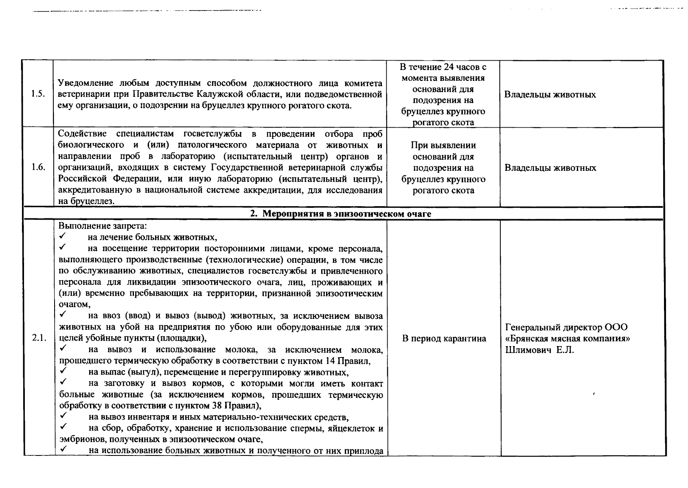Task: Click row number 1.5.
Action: (38, 95)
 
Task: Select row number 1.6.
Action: (38, 168)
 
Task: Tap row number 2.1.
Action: (38, 338)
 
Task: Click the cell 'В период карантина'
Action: (444, 338)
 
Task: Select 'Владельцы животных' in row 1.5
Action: (550, 95)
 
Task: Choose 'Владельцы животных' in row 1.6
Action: (550, 168)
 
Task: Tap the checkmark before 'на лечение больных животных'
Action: (62, 236)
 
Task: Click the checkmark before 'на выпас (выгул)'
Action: (62, 372)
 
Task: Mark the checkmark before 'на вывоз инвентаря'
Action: (62, 416)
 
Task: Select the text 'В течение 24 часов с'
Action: (443, 67)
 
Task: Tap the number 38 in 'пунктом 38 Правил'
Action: (217, 406)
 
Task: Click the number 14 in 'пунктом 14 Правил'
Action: (330, 361)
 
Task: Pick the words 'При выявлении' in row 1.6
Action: (443, 145)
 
